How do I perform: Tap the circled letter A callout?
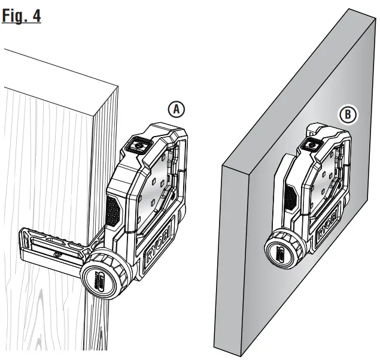click(175, 108)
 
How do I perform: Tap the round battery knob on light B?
click(284, 249)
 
